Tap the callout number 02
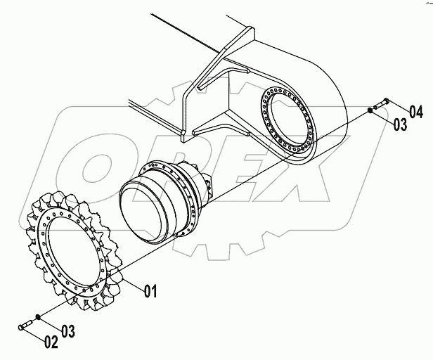[51, 343]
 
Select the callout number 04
[415, 111]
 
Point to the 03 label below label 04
[400, 124]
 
